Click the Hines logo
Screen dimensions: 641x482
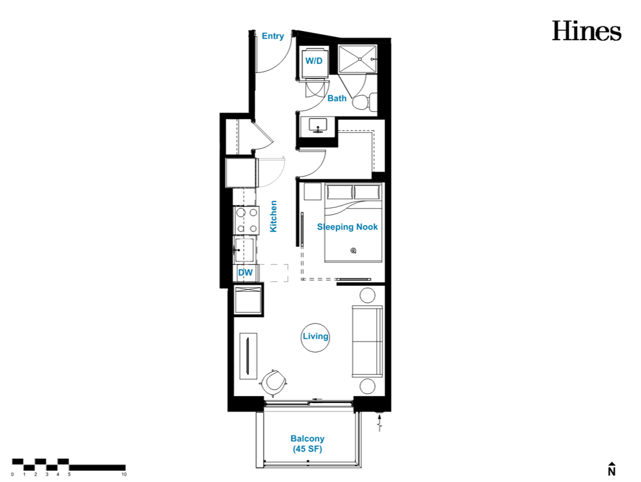point(587,30)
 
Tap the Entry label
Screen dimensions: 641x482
point(273,36)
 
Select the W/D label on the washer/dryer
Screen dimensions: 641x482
point(314,61)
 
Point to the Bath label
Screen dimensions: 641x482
point(337,98)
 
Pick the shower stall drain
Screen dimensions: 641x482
point(360,60)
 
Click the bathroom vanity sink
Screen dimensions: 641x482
point(318,126)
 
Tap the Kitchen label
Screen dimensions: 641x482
point(273,217)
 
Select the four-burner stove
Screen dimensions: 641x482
point(246,220)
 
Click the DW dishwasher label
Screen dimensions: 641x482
point(246,272)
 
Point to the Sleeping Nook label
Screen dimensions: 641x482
point(348,226)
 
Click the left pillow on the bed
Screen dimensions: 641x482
point(339,192)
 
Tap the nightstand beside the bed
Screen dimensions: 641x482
point(313,192)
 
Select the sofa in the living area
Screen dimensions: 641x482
point(368,341)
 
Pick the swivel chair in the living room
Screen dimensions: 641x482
point(274,382)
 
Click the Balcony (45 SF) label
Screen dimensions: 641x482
point(308,444)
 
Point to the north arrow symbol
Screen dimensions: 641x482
point(611,469)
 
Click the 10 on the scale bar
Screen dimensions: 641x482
point(124,474)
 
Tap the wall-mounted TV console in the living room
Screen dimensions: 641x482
point(248,356)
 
